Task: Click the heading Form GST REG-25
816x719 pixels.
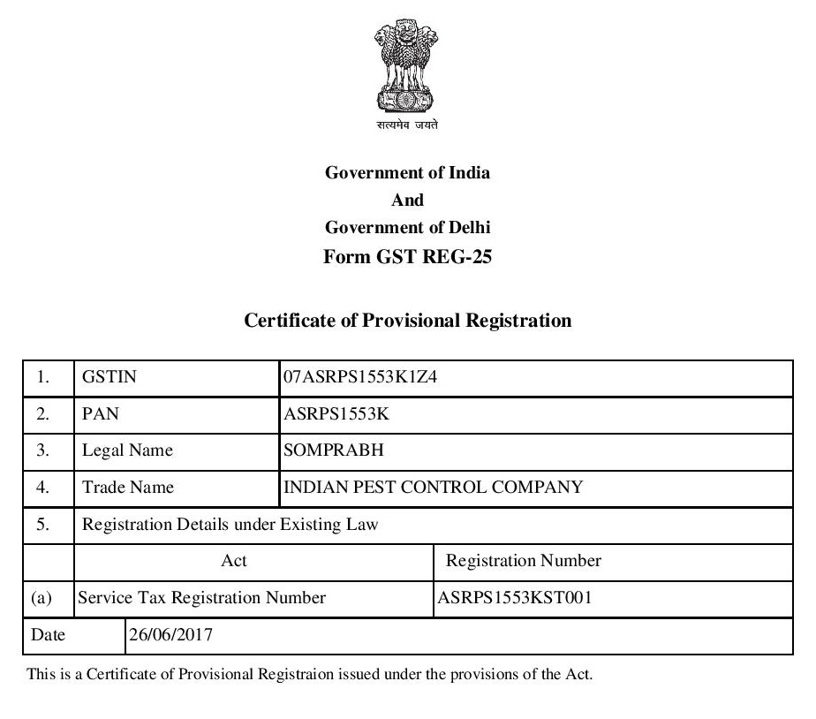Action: pos(407,257)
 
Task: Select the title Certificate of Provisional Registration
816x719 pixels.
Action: pos(407,321)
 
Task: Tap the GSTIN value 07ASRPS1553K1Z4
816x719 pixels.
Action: pos(360,377)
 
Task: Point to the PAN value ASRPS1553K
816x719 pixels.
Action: pos(343,413)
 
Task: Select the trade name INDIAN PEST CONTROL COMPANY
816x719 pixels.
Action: pos(433,487)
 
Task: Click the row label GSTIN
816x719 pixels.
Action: pos(110,377)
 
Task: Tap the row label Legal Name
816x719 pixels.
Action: pos(127,450)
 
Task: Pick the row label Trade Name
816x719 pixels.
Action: pos(128,487)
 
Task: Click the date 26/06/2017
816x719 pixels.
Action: pos(170,634)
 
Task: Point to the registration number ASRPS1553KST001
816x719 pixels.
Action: pos(515,598)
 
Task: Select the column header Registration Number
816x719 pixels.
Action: pos(524,561)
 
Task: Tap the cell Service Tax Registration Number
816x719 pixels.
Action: pos(202,598)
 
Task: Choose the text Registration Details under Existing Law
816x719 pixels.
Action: pos(230,525)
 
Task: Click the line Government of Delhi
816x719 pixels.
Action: pos(407,227)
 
